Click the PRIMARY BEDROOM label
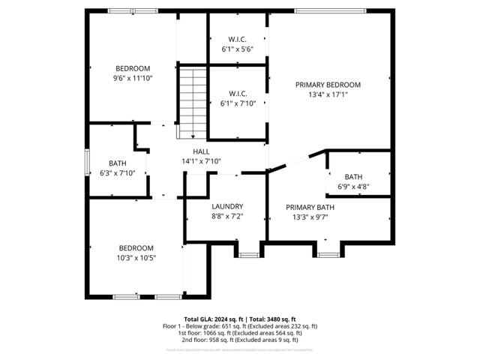[328, 85]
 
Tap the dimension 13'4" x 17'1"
[328, 95]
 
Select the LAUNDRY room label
[227, 206]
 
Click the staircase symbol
[192, 103]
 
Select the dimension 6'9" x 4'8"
[353, 187]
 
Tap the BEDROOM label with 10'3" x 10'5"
[136, 248]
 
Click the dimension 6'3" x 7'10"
[117, 173]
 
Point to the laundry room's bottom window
[248, 256]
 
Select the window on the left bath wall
[87, 162]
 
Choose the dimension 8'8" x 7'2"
[227, 216]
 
